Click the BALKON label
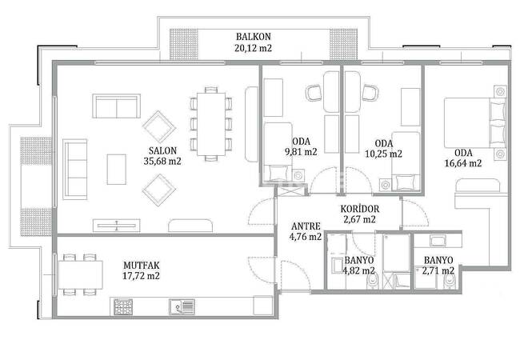(254, 37)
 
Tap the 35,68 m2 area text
(162, 162)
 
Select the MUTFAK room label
(142, 266)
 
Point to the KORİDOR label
(360, 209)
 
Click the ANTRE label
(306, 226)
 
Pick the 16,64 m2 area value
(463, 163)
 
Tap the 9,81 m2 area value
(301, 152)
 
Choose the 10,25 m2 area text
(384, 154)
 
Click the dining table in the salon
(211, 124)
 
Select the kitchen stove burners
(123, 307)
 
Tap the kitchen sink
(182, 306)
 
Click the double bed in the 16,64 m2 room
(475, 122)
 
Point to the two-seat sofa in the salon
(116, 106)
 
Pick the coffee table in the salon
(117, 170)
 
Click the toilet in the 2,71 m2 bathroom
(449, 282)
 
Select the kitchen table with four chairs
(80, 275)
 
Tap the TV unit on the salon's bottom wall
(117, 226)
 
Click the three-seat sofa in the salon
(75, 169)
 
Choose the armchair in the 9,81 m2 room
(314, 93)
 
